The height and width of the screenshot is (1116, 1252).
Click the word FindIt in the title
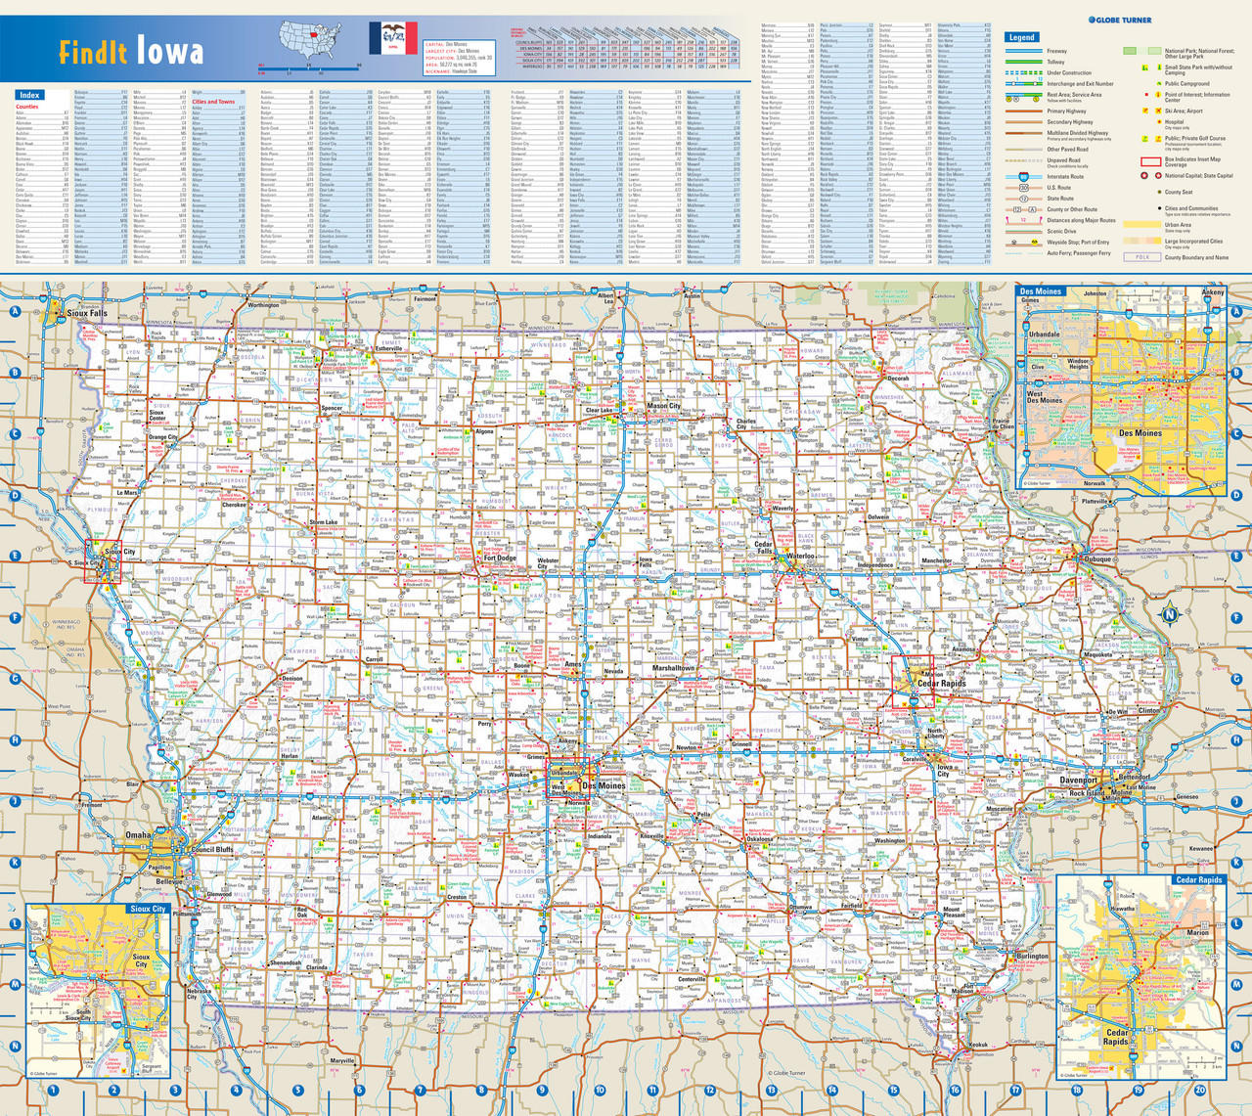[x=93, y=52]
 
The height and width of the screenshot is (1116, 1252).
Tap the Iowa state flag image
[x=393, y=37]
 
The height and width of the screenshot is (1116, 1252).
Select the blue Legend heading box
[x=1021, y=37]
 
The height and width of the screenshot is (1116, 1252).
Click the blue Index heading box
[x=28, y=95]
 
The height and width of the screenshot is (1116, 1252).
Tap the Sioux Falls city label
[x=86, y=313]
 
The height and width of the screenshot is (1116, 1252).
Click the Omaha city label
[x=138, y=835]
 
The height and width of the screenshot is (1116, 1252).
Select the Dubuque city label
[x=1096, y=559]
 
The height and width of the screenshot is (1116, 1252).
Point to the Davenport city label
[x=1078, y=781]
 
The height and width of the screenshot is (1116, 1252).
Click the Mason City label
[x=663, y=405]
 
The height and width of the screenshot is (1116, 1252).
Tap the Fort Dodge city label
[x=499, y=558]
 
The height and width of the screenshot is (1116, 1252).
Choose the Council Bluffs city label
[x=212, y=849]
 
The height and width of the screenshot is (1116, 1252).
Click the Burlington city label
[x=1031, y=956]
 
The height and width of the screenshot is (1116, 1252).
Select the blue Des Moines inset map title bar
[x=1041, y=291]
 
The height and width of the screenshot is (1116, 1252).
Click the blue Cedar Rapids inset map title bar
[x=1198, y=879]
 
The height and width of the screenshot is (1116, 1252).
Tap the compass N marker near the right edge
[x=1168, y=615]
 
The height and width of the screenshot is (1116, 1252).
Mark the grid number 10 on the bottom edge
[x=600, y=1090]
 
